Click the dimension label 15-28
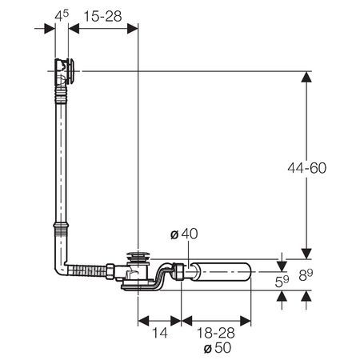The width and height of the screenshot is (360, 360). pos(102,17)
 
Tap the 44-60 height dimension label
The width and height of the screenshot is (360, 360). pos(307,168)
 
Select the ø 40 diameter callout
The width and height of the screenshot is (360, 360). pos(184,234)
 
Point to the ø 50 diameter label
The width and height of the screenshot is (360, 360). pos(218,348)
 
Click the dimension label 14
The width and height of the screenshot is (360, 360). pos(160,333)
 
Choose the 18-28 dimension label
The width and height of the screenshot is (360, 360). pos(215,333)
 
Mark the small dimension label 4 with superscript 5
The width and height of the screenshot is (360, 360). pos(62,15)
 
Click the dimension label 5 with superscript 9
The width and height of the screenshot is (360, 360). pos(282,282)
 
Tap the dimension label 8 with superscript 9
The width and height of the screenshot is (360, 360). pos(306,275)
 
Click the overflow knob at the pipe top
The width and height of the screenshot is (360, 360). pos(71,71)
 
